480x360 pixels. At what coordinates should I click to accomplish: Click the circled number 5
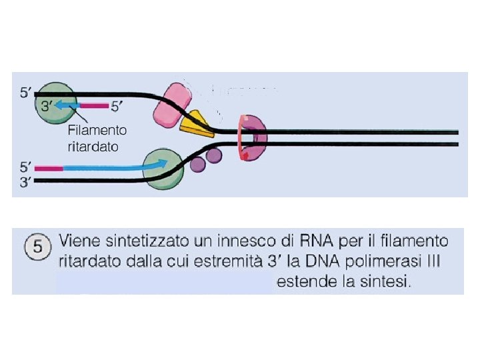click(38, 247)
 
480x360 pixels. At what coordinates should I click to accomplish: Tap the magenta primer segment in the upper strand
click(95, 105)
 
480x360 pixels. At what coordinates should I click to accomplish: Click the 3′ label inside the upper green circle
click(47, 105)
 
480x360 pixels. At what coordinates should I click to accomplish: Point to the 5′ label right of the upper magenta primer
click(115, 105)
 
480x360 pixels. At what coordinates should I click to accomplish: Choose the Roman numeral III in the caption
click(433, 261)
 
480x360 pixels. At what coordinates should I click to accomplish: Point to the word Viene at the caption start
click(80, 240)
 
